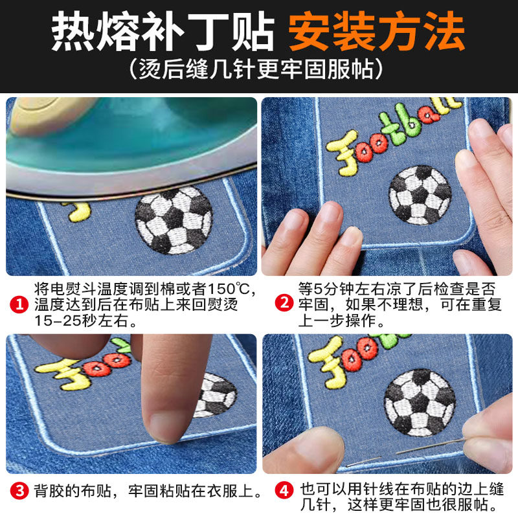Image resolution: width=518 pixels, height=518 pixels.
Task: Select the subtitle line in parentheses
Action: click(x=258, y=69)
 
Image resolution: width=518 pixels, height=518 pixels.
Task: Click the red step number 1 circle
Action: click(x=20, y=302)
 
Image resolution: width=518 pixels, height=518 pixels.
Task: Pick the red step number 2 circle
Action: click(x=283, y=302)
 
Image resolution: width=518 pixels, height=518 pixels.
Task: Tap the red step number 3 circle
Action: click(x=20, y=491)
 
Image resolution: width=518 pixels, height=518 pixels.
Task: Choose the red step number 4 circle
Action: click(x=283, y=491)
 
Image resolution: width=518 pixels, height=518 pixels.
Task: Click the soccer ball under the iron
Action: click(x=174, y=221)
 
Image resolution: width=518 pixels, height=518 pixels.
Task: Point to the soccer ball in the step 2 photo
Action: click(x=420, y=195)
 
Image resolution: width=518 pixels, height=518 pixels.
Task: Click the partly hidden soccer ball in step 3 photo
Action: click(x=216, y=394)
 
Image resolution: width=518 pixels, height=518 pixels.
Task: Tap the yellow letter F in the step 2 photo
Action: click(x=341, y=152)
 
